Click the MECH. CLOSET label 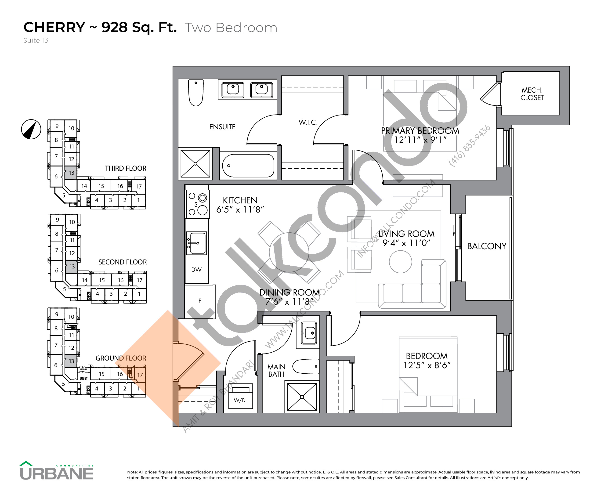pyautogui.click(x=532, y=94)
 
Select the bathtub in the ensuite pyautogui.click(x=248, y=166)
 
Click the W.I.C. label pyautogui.click(x=308, y=123)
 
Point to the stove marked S pyautogui.click(x=197, y=204)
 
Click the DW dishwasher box pyautogui.click(x=196, y=270)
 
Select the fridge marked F pyautogui.click(x=200, y=301)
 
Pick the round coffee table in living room pyautogui.click(x=400, y=262)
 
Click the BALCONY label pyautogui.click(x=487, y=246)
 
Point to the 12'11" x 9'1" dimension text pyautogui.click(x=420, y=140)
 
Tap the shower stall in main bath pyautogui.click(x=302, y=397)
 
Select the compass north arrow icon pyautogui.click(x=31, y=129)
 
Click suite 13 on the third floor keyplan pyautogui.click(x=71, y=173)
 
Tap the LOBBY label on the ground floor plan pyautogui.click(x=84, y=378)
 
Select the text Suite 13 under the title pyautogui.click(x=36, y=40)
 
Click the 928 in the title pyautogui.click(x=114, y=27)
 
